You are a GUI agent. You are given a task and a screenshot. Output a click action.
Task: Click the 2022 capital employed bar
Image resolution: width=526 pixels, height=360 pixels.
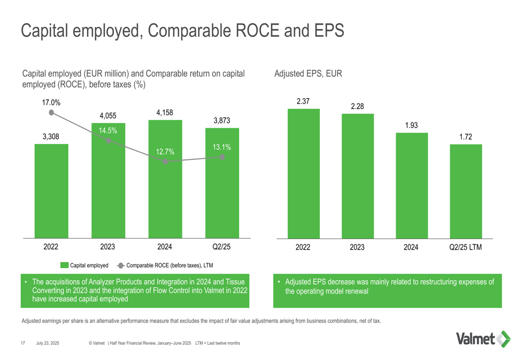(51, 192)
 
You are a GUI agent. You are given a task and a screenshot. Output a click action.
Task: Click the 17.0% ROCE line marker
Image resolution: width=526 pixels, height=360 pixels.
(51, 112)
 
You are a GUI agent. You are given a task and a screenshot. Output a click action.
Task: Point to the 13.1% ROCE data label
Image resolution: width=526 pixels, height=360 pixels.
(222, 148)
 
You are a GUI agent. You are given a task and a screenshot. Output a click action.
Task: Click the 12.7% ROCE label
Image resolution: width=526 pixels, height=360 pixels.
(165, 152)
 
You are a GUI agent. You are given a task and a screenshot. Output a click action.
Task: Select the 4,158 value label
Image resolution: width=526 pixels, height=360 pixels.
(165, 112)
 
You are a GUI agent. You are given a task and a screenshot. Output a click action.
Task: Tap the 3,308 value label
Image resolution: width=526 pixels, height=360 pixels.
(51, 137)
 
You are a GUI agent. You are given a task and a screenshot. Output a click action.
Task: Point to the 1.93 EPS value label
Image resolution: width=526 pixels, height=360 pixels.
(411, 126)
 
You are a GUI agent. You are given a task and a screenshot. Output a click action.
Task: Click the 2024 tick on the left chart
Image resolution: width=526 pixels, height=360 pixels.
(165, 246)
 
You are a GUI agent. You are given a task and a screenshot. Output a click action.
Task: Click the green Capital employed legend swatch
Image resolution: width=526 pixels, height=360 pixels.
(64, 265)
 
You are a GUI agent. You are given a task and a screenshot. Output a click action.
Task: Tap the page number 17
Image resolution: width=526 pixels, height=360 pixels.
(23, 343)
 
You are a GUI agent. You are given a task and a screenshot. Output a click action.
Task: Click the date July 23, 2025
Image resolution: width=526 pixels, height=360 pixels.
(48, 343)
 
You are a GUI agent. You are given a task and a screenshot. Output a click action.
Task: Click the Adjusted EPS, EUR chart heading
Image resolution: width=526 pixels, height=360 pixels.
(308, 75)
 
